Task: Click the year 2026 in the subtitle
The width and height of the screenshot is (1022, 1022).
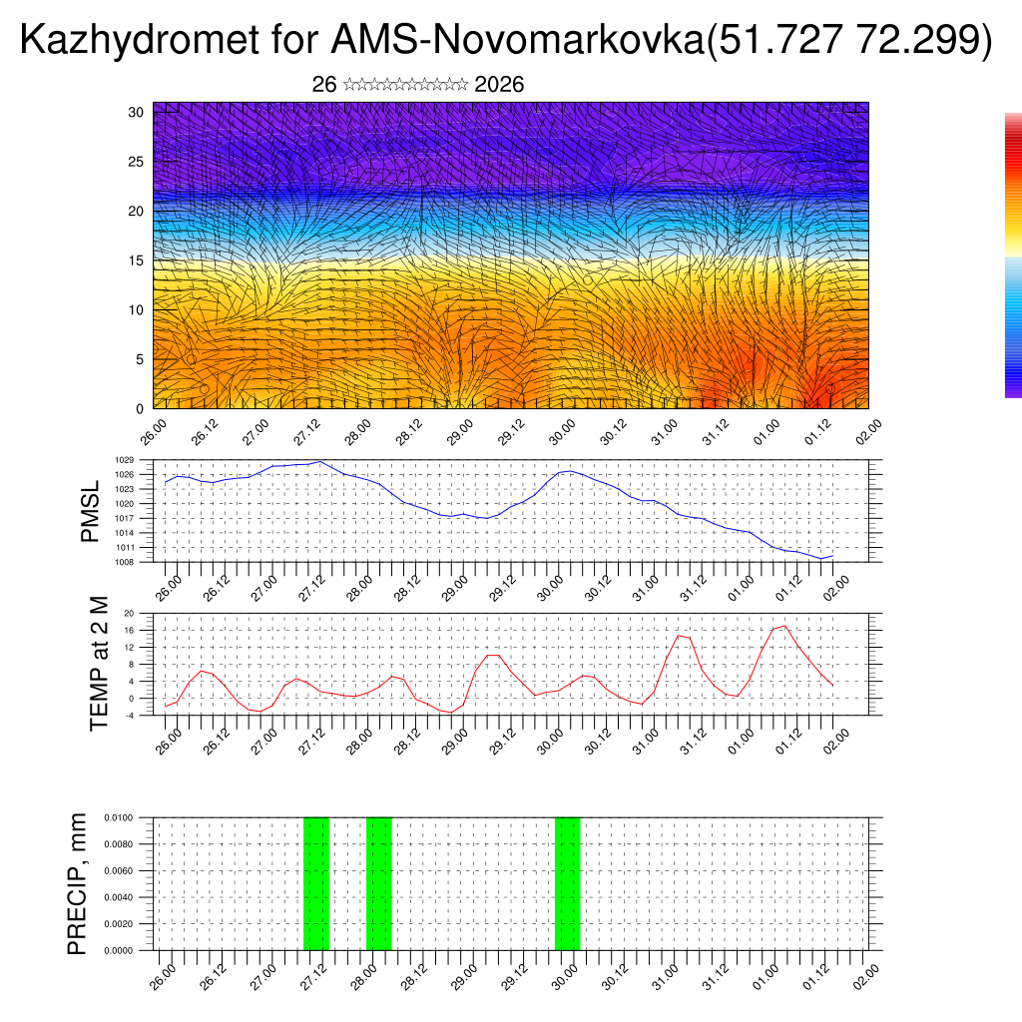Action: (499, 85)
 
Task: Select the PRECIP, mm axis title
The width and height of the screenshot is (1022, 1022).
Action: (77, 883)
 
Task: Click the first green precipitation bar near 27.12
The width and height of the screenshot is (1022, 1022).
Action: (315, 883)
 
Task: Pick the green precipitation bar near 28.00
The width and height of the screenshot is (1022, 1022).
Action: (379, 883)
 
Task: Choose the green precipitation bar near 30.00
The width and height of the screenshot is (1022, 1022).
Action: (567, 883)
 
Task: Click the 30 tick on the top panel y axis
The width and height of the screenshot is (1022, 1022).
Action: (136, 112)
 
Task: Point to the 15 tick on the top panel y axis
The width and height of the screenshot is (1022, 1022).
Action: (136, 260)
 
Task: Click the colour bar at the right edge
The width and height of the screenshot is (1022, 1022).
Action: (1013, 255)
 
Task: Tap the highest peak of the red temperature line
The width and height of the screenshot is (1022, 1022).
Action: (784, 626)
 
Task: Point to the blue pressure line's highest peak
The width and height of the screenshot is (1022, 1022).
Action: (319, 462)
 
